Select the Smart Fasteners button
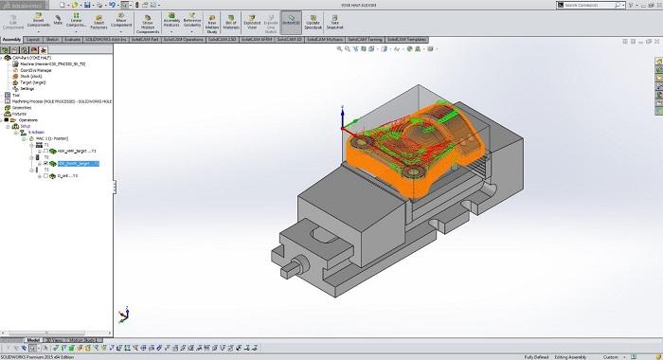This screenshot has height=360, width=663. coord(98,23)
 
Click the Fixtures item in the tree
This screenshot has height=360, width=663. coord(21,114)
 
